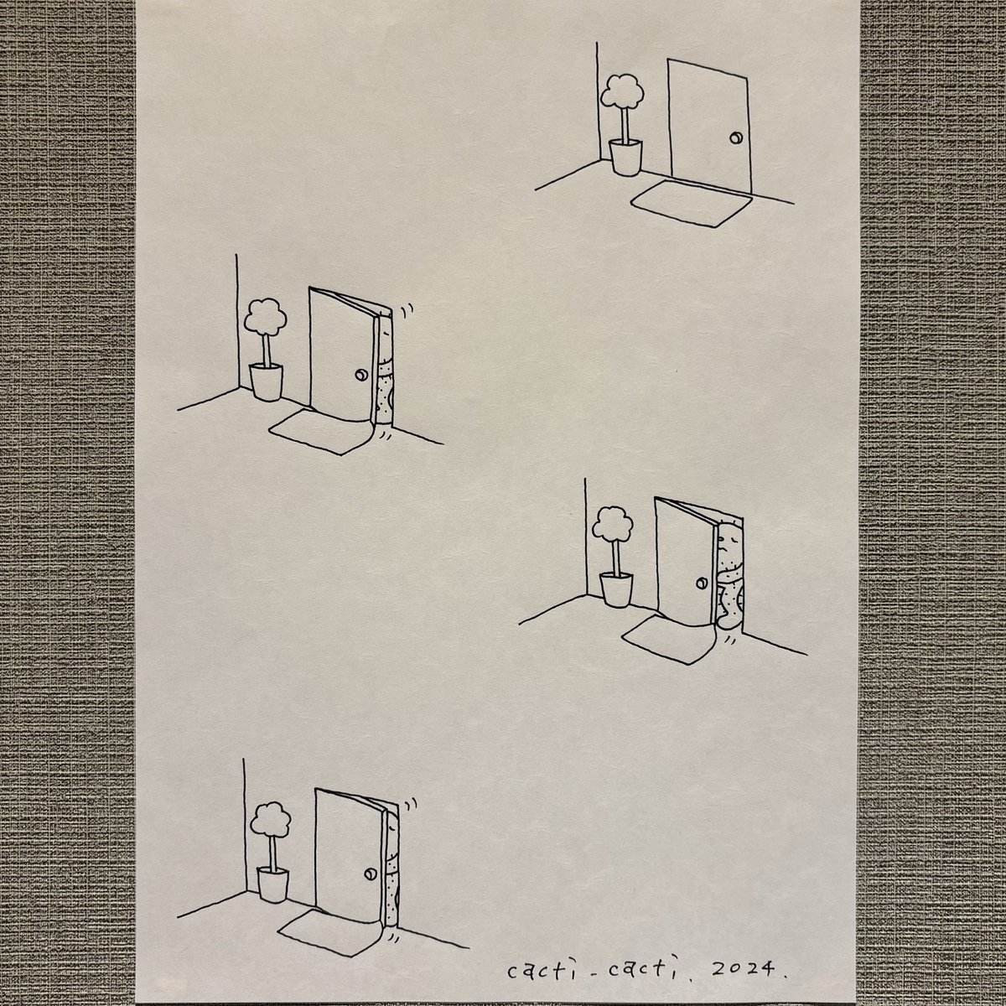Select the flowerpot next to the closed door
[x=625, y=157]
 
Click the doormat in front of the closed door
[x=692, y=203]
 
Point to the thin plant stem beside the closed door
[x=625, y=126]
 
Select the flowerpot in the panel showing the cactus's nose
[x=616, y=589]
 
